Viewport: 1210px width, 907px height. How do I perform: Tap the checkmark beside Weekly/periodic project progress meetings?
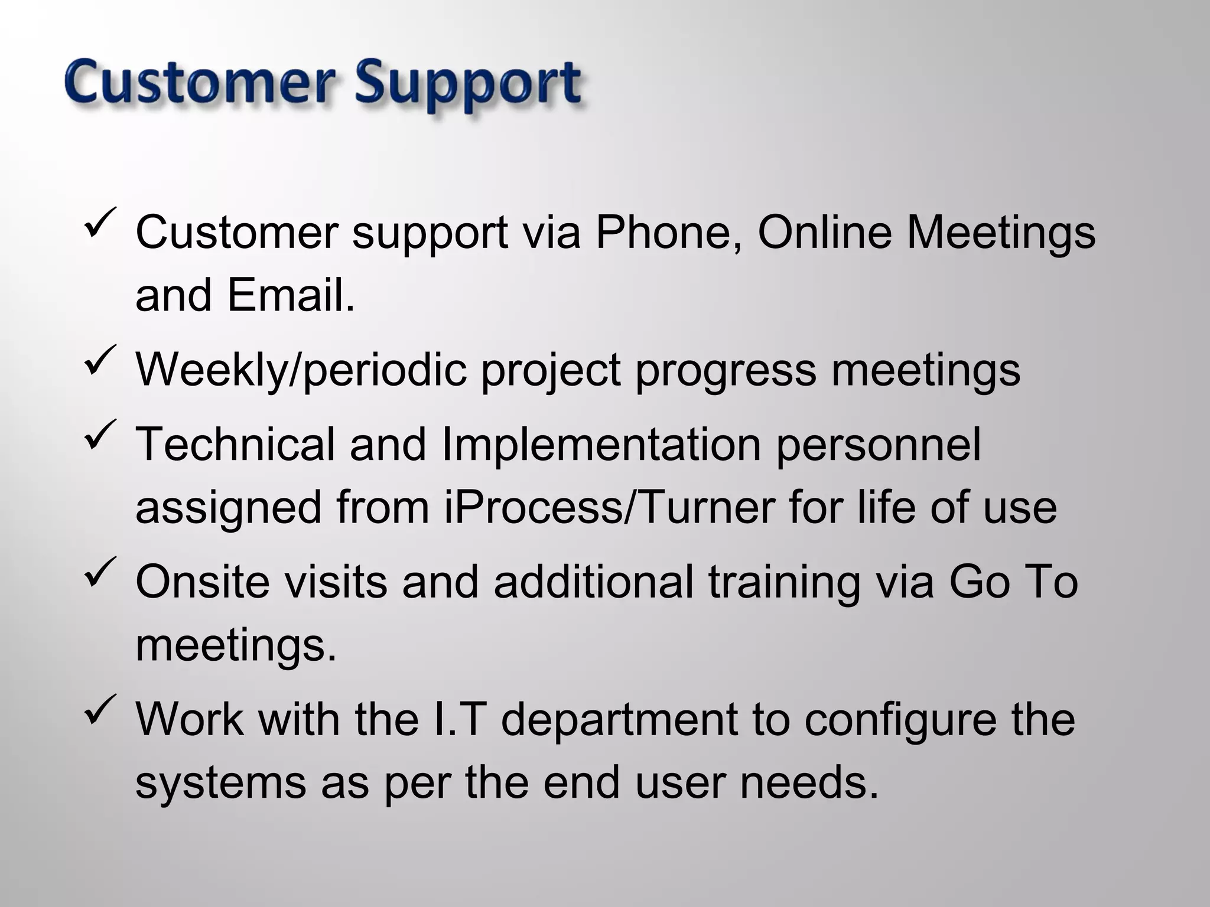pyautogui.click(x=101, y=361)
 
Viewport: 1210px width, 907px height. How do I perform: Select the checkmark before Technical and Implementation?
pyautogui.click(x=101, y=436)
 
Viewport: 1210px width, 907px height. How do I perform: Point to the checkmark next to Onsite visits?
pyautogui.click(x=101, y=573)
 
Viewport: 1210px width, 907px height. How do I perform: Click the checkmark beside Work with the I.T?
pyautogui.click(x=101, y=711)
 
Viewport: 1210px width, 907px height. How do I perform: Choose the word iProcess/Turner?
pyautogui.click(x=609, y=508)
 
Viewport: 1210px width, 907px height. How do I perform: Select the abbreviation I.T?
pyautogui.click(x=458, y=719)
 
